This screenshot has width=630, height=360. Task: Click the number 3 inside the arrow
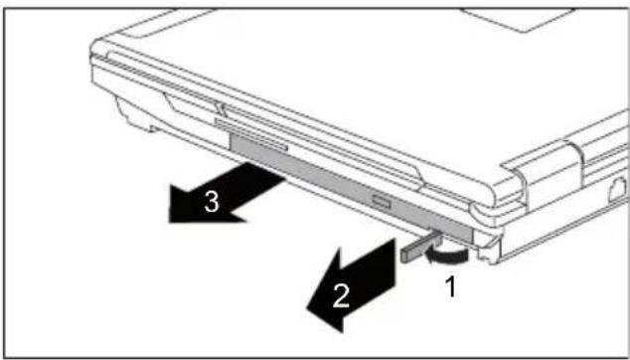tap(212, 202)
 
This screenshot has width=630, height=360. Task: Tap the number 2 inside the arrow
tap(341, 297)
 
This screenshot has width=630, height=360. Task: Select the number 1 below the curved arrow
tap(451, 286)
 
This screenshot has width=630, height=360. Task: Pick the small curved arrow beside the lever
tap(447, 256)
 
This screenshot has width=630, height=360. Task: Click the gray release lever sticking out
tap(420, 248)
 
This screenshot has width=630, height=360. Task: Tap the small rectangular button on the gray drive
tap(381, 199)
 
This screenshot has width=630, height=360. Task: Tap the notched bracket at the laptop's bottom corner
tap(487, 250)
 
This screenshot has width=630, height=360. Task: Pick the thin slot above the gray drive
tap(251, 134)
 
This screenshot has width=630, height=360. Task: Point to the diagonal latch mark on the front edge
tap(220, 107)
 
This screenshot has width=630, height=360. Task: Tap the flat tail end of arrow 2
tap(387, 265)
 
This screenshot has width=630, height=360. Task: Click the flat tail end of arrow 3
tap(266, 174)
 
